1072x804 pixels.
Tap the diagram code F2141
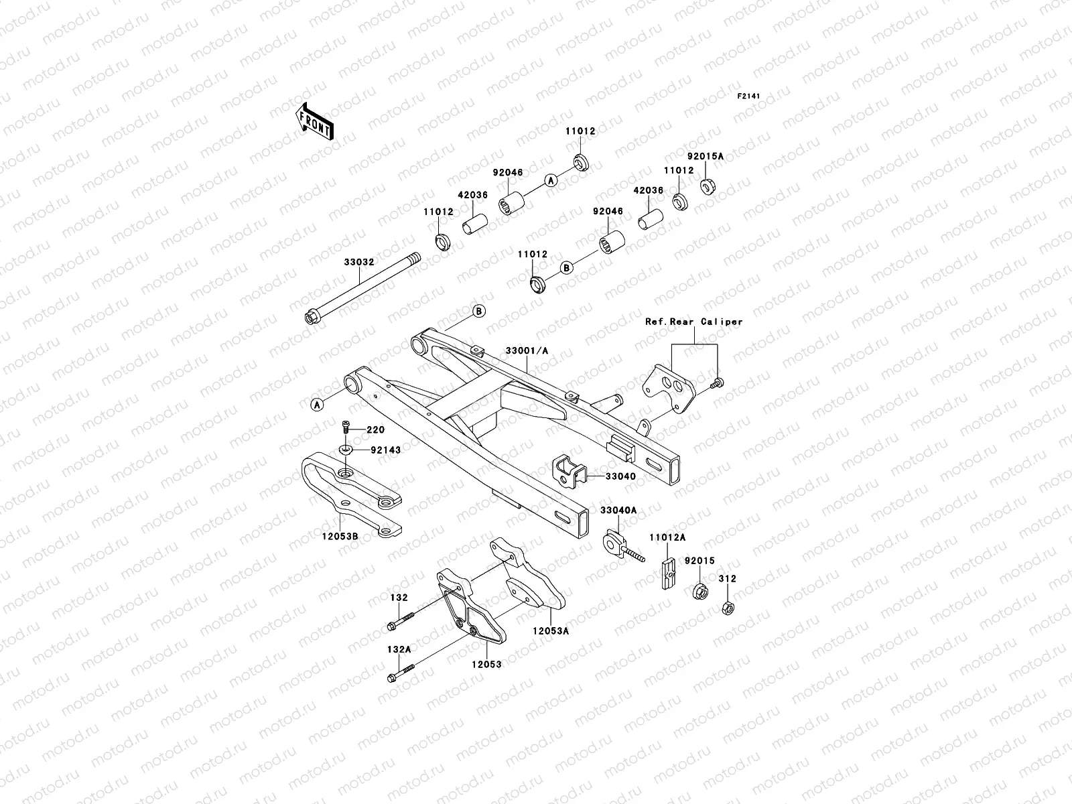click(x=750, y=96)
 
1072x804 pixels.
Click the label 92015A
click(x=705, y=156)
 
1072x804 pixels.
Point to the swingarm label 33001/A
click(x=527, y=350)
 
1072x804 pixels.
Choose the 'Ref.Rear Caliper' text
click(x=694, y=322)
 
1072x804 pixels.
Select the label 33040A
click(x=618, y=511)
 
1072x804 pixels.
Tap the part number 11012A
click(x=667, y=537)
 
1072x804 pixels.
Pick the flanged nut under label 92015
click(x=697, y=592)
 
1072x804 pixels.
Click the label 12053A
click(x=551, y=630)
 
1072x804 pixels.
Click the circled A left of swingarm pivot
click(x=317, y=403)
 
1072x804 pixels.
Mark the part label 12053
click(x=487, y=664)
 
